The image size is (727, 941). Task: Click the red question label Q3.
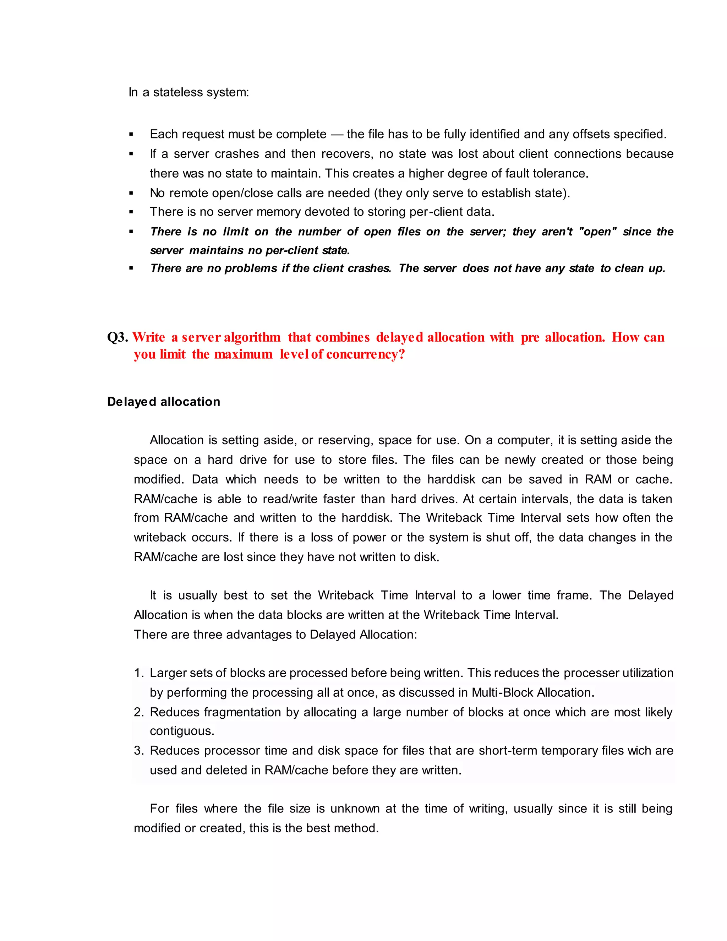tap(117, 337)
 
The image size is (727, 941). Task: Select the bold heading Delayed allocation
tap(164, 402)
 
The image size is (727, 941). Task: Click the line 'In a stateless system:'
tap(188, 92)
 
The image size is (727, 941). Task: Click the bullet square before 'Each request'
tap(131, 135)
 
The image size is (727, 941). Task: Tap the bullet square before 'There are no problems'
tap(131, 268)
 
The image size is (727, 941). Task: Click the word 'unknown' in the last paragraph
tap(355, 809)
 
